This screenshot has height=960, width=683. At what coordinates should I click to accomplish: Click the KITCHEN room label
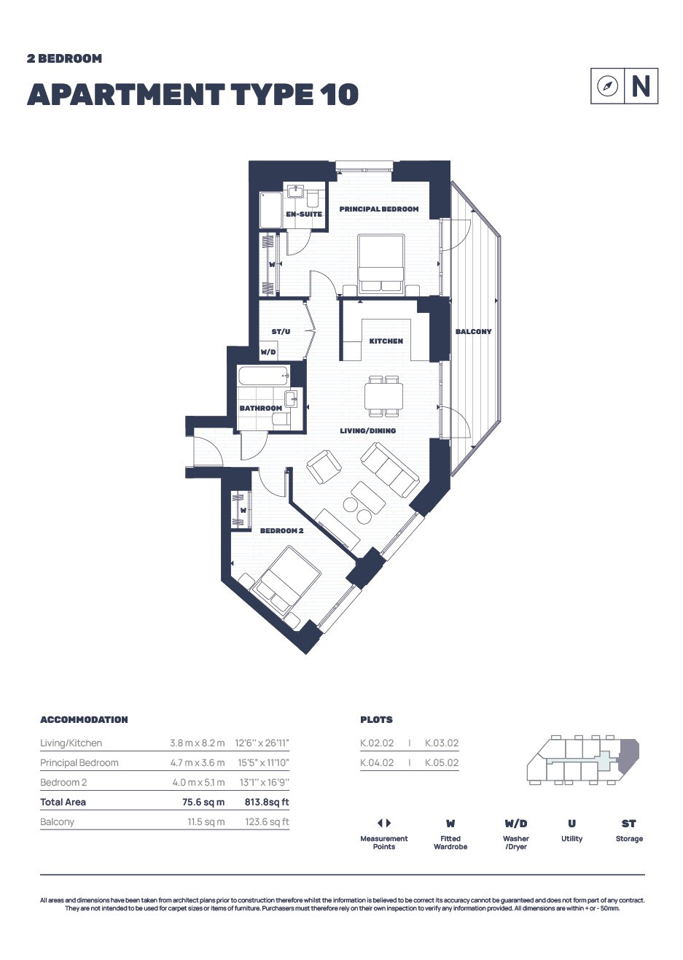pos(386,341)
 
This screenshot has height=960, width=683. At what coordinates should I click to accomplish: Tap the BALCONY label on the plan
pos(474,331)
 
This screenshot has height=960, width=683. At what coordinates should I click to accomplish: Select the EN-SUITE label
pos(304,214)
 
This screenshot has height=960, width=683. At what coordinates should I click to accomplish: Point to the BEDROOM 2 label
pos(282,530)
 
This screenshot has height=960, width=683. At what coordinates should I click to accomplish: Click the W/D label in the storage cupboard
pos(268,352)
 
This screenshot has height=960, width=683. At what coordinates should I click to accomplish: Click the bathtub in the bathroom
pos(264,376)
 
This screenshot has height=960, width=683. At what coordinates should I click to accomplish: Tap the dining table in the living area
pos(383,395)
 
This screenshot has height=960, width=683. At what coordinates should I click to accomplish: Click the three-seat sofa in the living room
pos(390,470)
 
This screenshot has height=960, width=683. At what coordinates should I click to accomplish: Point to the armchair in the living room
pos(324,467)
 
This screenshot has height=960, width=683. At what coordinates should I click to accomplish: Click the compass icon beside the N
pos(607,86)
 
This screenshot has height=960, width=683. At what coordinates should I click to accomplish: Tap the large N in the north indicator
pos(641,86)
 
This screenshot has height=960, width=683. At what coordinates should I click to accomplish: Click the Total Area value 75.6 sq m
pos(203,802)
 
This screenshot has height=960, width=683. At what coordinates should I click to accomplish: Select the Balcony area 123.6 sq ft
pos(267,822)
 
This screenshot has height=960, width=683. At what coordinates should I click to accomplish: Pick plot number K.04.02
pos(377,763)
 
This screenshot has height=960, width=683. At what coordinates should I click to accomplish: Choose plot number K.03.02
pos(442,743)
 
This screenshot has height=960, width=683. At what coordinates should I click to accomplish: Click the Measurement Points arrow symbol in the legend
pos(384,823)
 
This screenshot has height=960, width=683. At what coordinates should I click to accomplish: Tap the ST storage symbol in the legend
pos(629,824)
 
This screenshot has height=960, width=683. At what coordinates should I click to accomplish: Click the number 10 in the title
pos(339,94)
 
